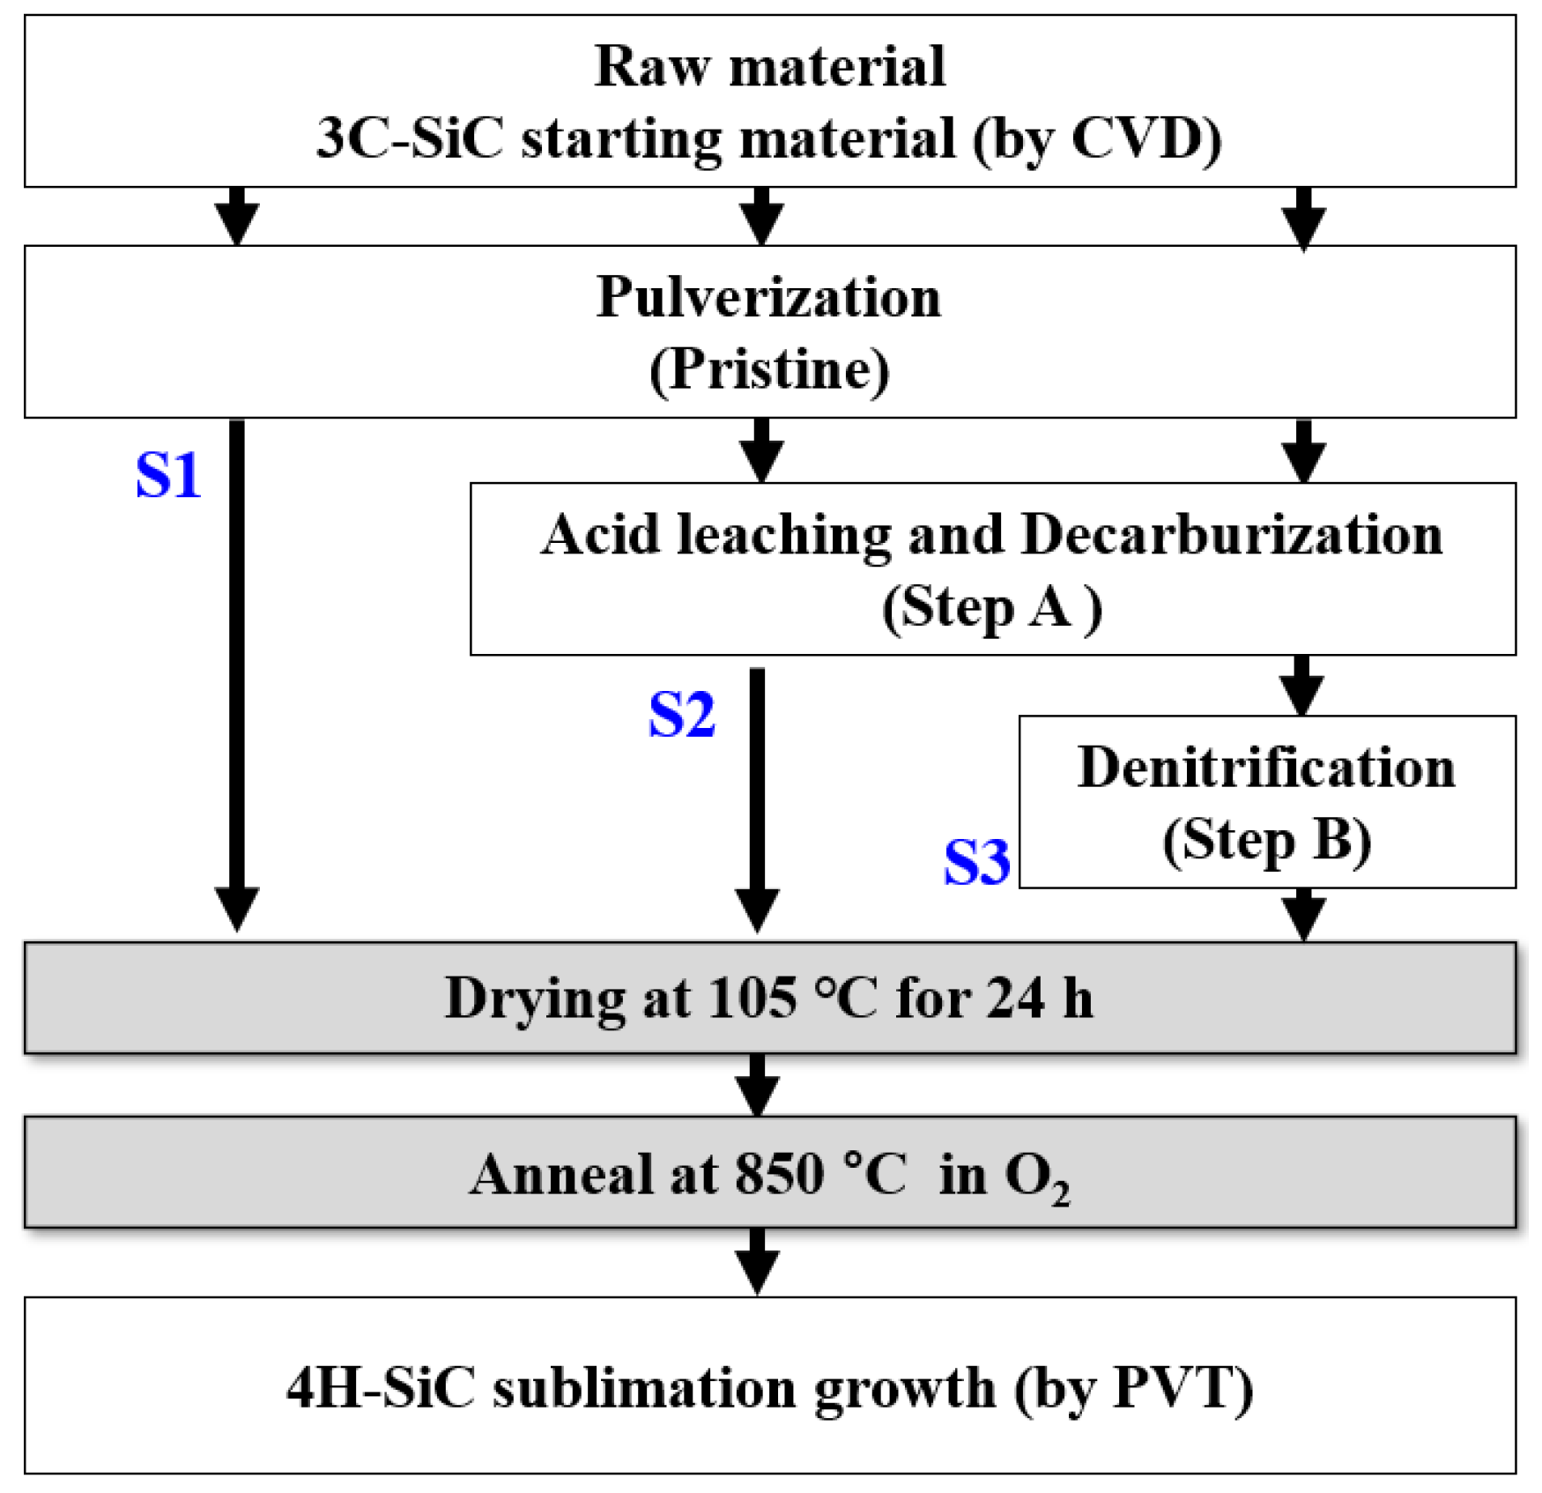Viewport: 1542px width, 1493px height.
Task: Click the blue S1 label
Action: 168,476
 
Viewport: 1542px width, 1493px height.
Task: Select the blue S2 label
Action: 681,714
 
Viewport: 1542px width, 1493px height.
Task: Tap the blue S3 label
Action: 976,862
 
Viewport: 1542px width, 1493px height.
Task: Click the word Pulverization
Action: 768,297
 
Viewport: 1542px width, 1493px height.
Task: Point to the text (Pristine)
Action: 768,369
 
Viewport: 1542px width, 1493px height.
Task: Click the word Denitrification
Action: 1266,767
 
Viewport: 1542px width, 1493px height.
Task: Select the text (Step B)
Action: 1266,840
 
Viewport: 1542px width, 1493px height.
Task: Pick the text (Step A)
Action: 991,607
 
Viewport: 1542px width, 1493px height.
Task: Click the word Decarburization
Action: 1232,534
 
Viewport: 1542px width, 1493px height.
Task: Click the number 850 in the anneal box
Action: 779,1174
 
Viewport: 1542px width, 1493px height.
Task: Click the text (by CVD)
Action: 1097,138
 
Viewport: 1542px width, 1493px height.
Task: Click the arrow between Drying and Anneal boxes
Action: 758,1085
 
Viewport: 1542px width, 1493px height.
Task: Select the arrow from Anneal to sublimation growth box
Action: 758,1261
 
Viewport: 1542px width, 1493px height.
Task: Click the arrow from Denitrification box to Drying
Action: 1303,915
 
